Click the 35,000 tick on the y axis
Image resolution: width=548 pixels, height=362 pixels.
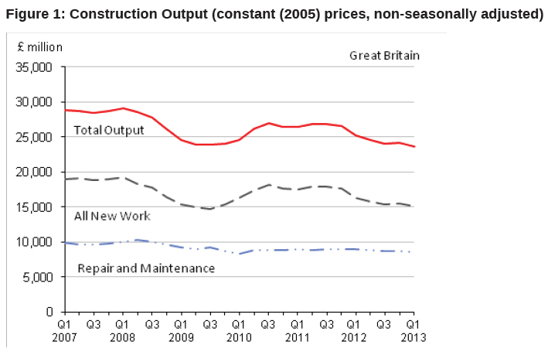pos(36,67)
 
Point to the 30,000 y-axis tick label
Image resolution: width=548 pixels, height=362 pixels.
pos(36,102)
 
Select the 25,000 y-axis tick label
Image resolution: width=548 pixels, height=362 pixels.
pos(36,137)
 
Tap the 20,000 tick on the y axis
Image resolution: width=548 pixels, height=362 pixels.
pos(36,172)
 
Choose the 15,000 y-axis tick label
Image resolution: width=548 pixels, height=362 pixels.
pos(36,207)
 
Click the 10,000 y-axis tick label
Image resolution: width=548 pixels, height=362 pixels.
pos(36,242)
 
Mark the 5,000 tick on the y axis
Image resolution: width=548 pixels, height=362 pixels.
pos(39,277)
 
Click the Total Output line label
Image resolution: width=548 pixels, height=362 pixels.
pos(108,130)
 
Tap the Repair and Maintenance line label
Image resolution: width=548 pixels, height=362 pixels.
pos(146,268)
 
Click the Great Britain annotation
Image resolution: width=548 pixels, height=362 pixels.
pos(384,56)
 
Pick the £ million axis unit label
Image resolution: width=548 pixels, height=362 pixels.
pos(40,46)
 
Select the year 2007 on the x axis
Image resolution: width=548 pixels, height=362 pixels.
pos(65,337)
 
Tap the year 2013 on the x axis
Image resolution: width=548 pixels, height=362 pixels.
pos(414,337)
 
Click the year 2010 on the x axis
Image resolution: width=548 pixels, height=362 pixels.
pos(239,337)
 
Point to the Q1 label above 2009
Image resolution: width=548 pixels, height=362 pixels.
pos(181,326)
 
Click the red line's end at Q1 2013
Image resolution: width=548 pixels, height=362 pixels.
pos(414,147)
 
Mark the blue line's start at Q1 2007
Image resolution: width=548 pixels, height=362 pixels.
pos(65,242)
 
